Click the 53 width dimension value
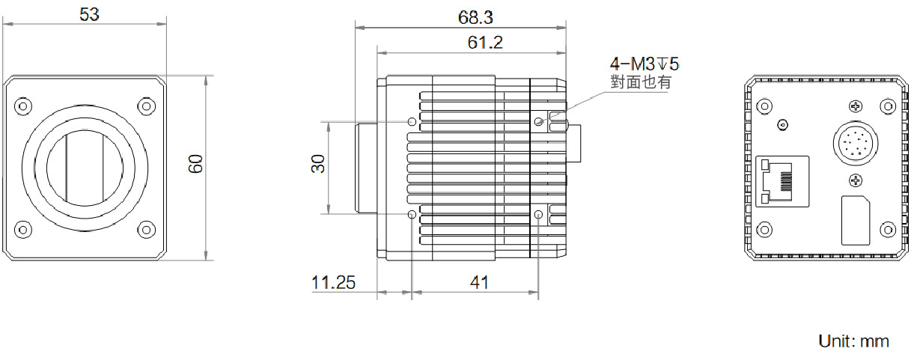(x=89, y=14)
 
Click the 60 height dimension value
(x=196, y=165)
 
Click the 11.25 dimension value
(x=333, y=282)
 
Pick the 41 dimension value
(x=479, y=282)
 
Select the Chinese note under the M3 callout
(x=641, y=82)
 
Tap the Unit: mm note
(x=854, y=341)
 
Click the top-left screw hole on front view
(x=23, y=104)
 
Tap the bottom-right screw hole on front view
(x=147, y=228)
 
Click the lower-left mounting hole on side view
(x=412, y=215)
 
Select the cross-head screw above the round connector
(x=856, y=107)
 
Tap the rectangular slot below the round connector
(x=856, y=220)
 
